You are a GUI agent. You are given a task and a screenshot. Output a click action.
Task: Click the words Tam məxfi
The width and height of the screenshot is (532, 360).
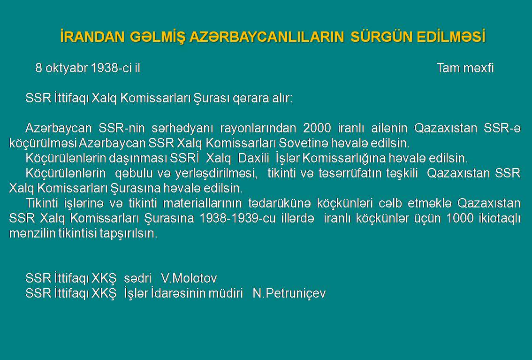465,68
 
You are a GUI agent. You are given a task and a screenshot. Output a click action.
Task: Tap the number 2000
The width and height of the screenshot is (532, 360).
317,128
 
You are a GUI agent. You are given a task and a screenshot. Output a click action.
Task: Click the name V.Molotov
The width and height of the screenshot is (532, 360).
189,278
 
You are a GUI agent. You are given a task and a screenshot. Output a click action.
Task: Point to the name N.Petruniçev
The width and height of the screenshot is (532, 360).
289,293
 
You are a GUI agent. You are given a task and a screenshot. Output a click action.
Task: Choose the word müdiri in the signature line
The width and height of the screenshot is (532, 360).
226,293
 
